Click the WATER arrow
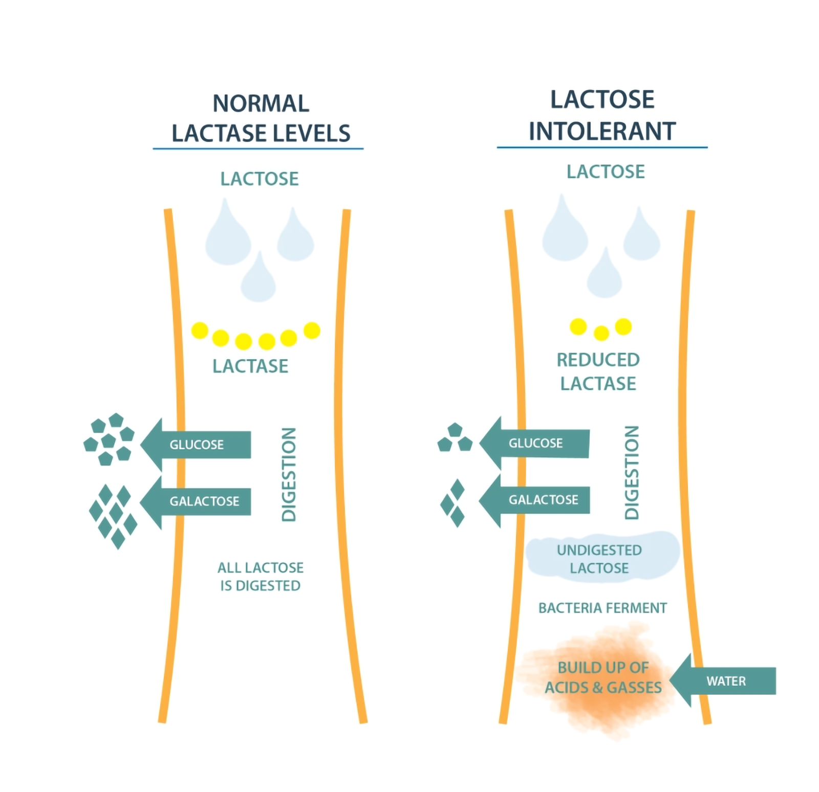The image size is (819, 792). point(722,680)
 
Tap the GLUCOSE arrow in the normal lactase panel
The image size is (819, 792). point(196,444)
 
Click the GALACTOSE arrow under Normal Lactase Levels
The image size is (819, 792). point(196,501)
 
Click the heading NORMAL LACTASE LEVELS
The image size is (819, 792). point(261,118)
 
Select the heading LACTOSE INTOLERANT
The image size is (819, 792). point(602,115)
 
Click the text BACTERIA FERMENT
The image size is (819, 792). point(602,608)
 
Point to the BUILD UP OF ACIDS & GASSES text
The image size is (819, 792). point(603,677)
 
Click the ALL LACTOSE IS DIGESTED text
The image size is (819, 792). point(260,577)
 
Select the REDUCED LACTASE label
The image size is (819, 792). point(598,371)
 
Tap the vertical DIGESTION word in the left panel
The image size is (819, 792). point(289,474)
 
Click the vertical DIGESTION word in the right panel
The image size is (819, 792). point(632,472)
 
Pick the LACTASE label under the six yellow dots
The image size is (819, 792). point(250,366)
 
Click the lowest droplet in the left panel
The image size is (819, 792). point(258,279)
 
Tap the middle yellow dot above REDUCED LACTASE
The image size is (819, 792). point(601,334)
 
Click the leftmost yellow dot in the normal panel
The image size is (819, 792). point(200,331)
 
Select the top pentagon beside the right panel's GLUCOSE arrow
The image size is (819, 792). point(455,429)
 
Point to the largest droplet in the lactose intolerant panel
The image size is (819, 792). point(565,230)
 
